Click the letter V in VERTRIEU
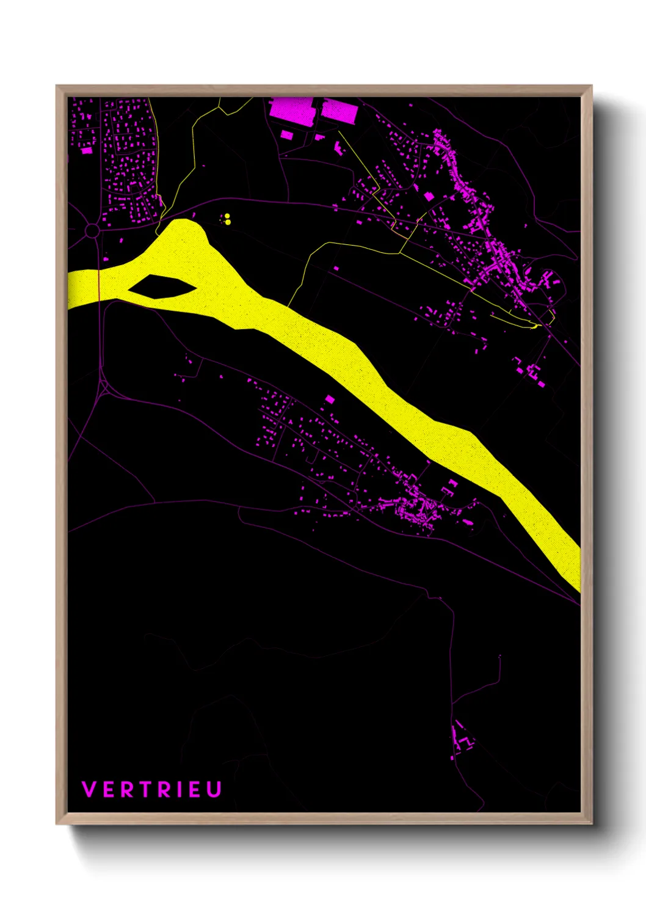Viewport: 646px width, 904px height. coord(89,789)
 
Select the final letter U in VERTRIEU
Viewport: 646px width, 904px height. coord(214,789)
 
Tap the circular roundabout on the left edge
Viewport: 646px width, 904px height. coord(92,230)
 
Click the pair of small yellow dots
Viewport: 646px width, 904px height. coord(227,219)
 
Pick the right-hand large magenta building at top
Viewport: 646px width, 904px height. coord(338,111)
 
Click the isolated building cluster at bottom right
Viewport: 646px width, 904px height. coord(463,738)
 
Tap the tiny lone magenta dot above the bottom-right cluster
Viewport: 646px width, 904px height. coord(500,656)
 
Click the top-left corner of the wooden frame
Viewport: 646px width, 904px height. coord(57,87)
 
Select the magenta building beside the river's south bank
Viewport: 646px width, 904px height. coord(330,399)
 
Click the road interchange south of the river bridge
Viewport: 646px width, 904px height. coord(104,387)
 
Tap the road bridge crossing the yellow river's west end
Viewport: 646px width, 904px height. coord(99,285)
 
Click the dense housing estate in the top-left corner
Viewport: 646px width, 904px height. coord(128,159)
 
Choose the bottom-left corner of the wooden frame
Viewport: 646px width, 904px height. coord(57,823)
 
